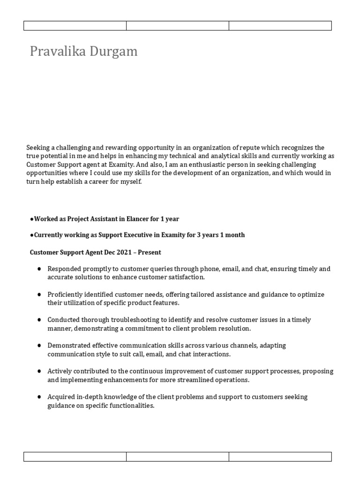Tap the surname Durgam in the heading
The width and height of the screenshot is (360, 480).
click(x=114, y=52)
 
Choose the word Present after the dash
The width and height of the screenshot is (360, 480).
click(x=149, y=252)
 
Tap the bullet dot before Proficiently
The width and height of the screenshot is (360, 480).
click(x=38, y=294)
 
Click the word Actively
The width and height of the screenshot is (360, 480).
click(x=60, y=371)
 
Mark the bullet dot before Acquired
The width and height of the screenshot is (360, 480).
click(x=38, y=397)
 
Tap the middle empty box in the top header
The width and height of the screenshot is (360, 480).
click(x=178, y=26)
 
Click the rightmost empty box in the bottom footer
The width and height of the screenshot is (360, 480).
click(x=280, y=457)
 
